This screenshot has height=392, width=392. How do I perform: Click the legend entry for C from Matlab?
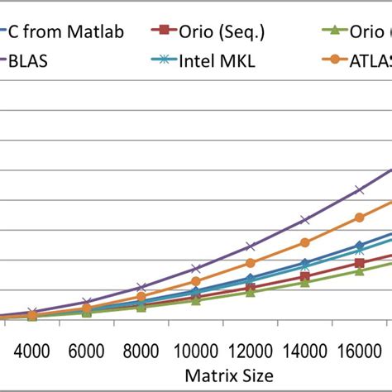click(x=65, y=32)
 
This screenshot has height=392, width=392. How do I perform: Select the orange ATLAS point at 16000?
click(x=360, y=218)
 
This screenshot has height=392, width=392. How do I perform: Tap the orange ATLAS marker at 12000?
click(x=251, y=263)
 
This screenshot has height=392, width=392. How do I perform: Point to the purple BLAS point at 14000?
click(x=305, y=220)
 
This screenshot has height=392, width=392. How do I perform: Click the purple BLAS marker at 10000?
click(x=196, y=269)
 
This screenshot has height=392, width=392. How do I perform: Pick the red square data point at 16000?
click(x=360, y=263)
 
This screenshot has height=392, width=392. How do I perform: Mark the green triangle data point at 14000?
click(x=305, y=283)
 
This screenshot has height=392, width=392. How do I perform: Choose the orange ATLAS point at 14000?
click(x=305, y=242)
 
